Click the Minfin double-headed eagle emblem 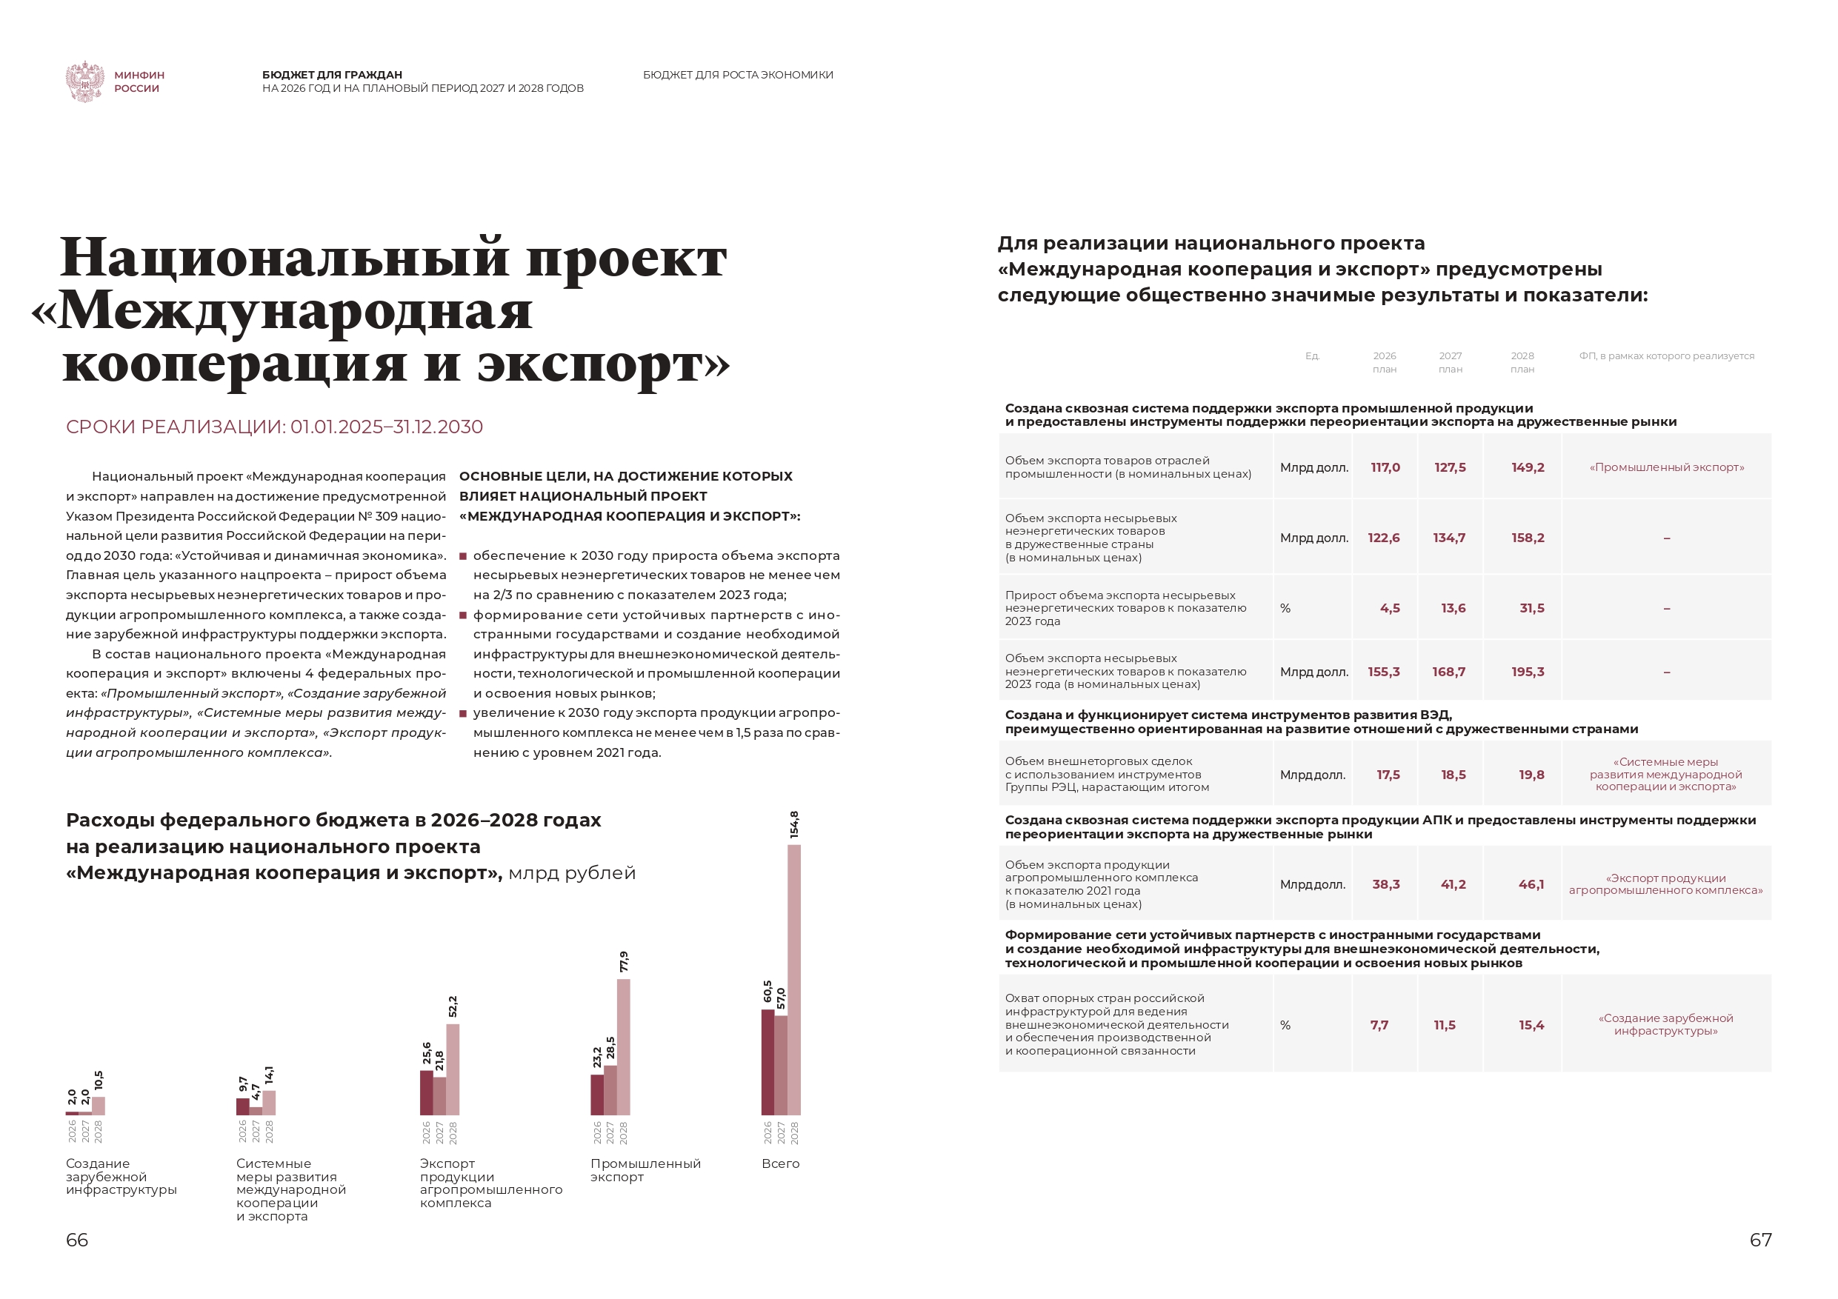click(85, 81)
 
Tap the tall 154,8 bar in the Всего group click(794, 980)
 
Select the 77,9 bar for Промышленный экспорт click(624, 1047)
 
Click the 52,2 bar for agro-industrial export click(453, 1069)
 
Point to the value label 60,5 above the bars click(768, 992)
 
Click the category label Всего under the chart click(781, 1163)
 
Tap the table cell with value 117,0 click(1385, 467)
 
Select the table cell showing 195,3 click(1528, 672)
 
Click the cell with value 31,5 click(1531, 608)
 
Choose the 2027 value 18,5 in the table click(1453, 775)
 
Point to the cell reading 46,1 click(1531, 884)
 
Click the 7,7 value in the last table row click(1379, 1025)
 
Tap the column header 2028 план click(1522, 363)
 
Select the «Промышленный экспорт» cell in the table click(1667, 467)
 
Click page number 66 click(77, 1240)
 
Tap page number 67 click(1760, 1240)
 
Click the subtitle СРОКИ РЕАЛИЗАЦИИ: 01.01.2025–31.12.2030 click(275, 427)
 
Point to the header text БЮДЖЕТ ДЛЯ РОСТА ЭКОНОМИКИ click(737, 76)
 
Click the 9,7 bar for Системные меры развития click(242, 1107)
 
